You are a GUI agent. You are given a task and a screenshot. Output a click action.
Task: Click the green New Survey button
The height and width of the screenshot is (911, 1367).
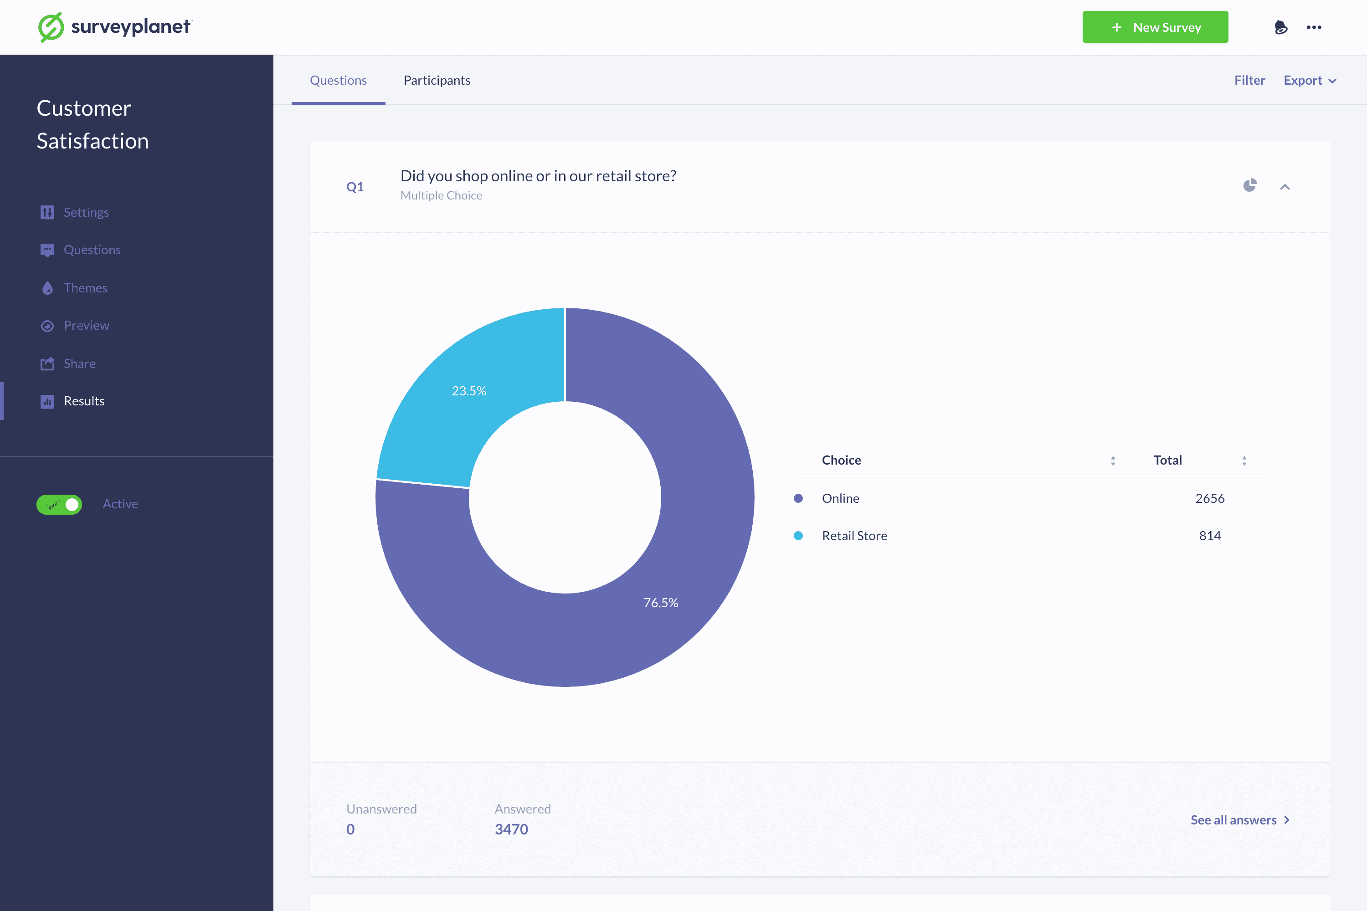point(1154,27)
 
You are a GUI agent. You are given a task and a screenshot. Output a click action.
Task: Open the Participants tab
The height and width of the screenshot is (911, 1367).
point(437,80)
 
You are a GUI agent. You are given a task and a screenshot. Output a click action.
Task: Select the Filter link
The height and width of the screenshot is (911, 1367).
point(1249,80)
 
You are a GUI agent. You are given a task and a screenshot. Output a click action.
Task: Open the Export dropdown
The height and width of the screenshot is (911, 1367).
point(1310,80)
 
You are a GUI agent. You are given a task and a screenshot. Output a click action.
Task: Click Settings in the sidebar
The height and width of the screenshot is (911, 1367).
point(86,212)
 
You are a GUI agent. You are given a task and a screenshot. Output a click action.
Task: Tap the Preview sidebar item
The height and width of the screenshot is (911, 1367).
point(86,325)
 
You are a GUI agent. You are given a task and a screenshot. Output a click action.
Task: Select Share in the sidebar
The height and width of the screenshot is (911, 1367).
point(80,363)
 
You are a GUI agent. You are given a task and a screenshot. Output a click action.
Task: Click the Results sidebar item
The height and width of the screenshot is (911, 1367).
point(84,401)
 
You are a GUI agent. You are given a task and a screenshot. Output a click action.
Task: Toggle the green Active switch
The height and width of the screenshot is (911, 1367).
point(59,504)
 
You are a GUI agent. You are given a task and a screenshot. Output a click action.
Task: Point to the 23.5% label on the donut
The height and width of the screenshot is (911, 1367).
point(468,391)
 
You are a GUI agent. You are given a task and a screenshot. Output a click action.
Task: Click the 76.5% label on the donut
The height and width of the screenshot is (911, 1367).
point(660,603)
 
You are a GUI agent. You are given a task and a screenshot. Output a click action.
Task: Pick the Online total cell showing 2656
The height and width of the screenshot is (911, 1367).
point(1209,498)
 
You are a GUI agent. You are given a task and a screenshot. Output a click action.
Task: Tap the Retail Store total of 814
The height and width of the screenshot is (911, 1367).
point(1209,536)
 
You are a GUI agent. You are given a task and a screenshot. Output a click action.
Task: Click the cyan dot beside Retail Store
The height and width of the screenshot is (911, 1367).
point(798,536)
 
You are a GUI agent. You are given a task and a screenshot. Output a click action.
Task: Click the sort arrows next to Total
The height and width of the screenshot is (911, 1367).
point(1244,461)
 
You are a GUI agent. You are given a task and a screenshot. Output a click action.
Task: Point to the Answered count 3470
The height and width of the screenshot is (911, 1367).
point(511,829)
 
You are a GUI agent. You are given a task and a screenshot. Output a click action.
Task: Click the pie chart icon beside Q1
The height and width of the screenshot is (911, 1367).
point(1249,186)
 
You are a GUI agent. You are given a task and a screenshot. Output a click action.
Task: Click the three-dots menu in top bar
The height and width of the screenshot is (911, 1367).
point(1314,27)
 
